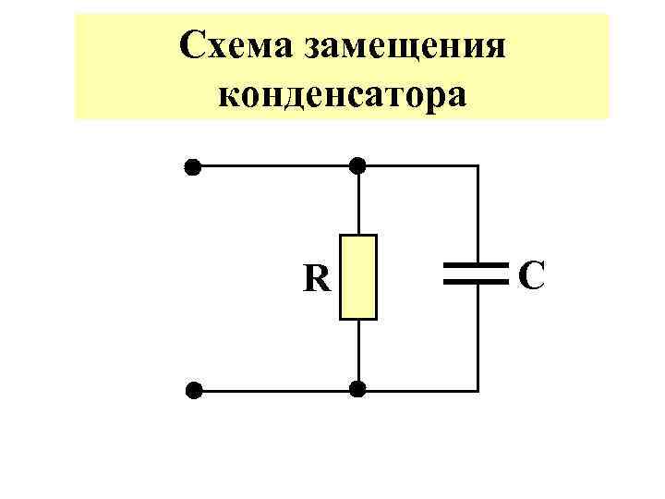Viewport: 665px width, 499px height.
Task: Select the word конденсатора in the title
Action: pyautogui.click(x=342, y=92)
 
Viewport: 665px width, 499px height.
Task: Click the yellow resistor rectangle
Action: pyautogui.click(x=358, y=277)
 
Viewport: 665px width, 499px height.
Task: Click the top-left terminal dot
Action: pyautogui.click(x=192, y=167)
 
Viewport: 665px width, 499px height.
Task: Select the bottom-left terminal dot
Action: pyautogui.click(x=192, y=390)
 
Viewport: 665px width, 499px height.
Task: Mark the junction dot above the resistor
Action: pyautogui.click(x=358, y=166)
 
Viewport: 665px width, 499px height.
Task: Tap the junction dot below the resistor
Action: pyautogui.click(x=358, y=389)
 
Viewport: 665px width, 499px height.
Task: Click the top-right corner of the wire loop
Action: pyautogui.click(x=478, y=167)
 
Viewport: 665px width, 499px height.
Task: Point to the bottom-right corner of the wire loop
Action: pyautogui.click(x=478, y=389)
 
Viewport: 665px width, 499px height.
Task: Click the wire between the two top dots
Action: pyautogui.click(x=275, y=167)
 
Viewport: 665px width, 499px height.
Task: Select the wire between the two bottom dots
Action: pyautogui.click(x=275, y=390)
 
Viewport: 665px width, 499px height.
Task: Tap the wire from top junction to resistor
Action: pyautogui.click(x=358, y=201)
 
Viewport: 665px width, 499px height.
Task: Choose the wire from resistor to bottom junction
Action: pyautogui.click(x=358, y=354)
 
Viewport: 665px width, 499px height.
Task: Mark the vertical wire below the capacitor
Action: pyautogui.click(x=478, y=337)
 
